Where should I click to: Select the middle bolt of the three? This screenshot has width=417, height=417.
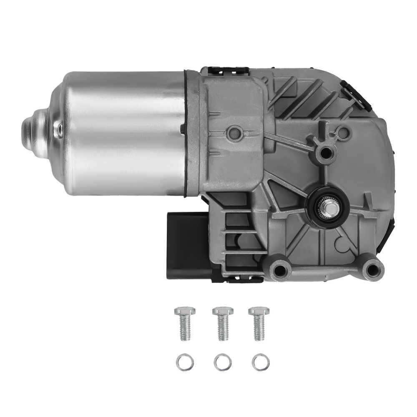tap(223, 323)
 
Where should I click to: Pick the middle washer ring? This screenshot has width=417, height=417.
tap(222, 362)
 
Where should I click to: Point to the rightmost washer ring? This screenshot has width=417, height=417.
tap(260, 362)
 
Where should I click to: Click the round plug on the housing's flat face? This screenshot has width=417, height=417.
tap(235, 133)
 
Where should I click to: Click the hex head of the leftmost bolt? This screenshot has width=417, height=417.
tap(183, 311)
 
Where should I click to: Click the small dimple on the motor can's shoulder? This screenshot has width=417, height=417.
tap(59, 131)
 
